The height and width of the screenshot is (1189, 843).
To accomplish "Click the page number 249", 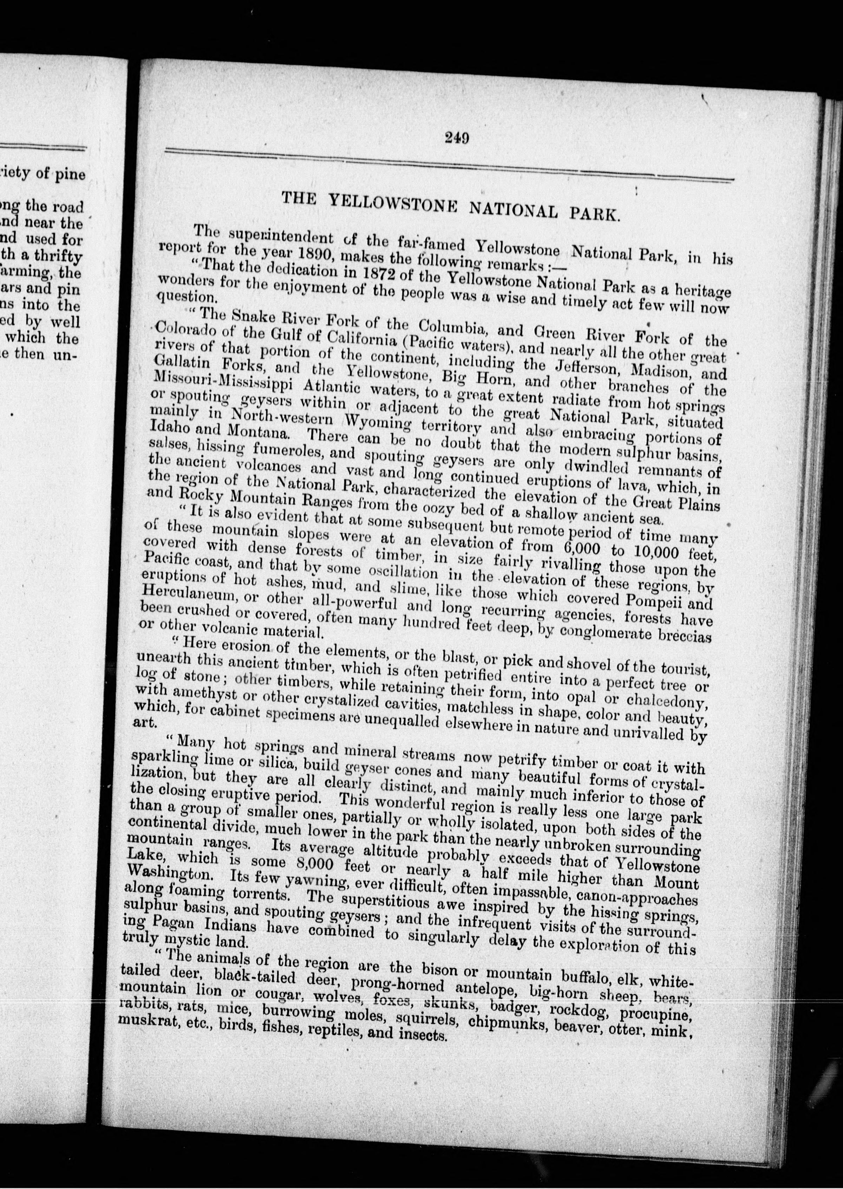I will click(x=457, y=138).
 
